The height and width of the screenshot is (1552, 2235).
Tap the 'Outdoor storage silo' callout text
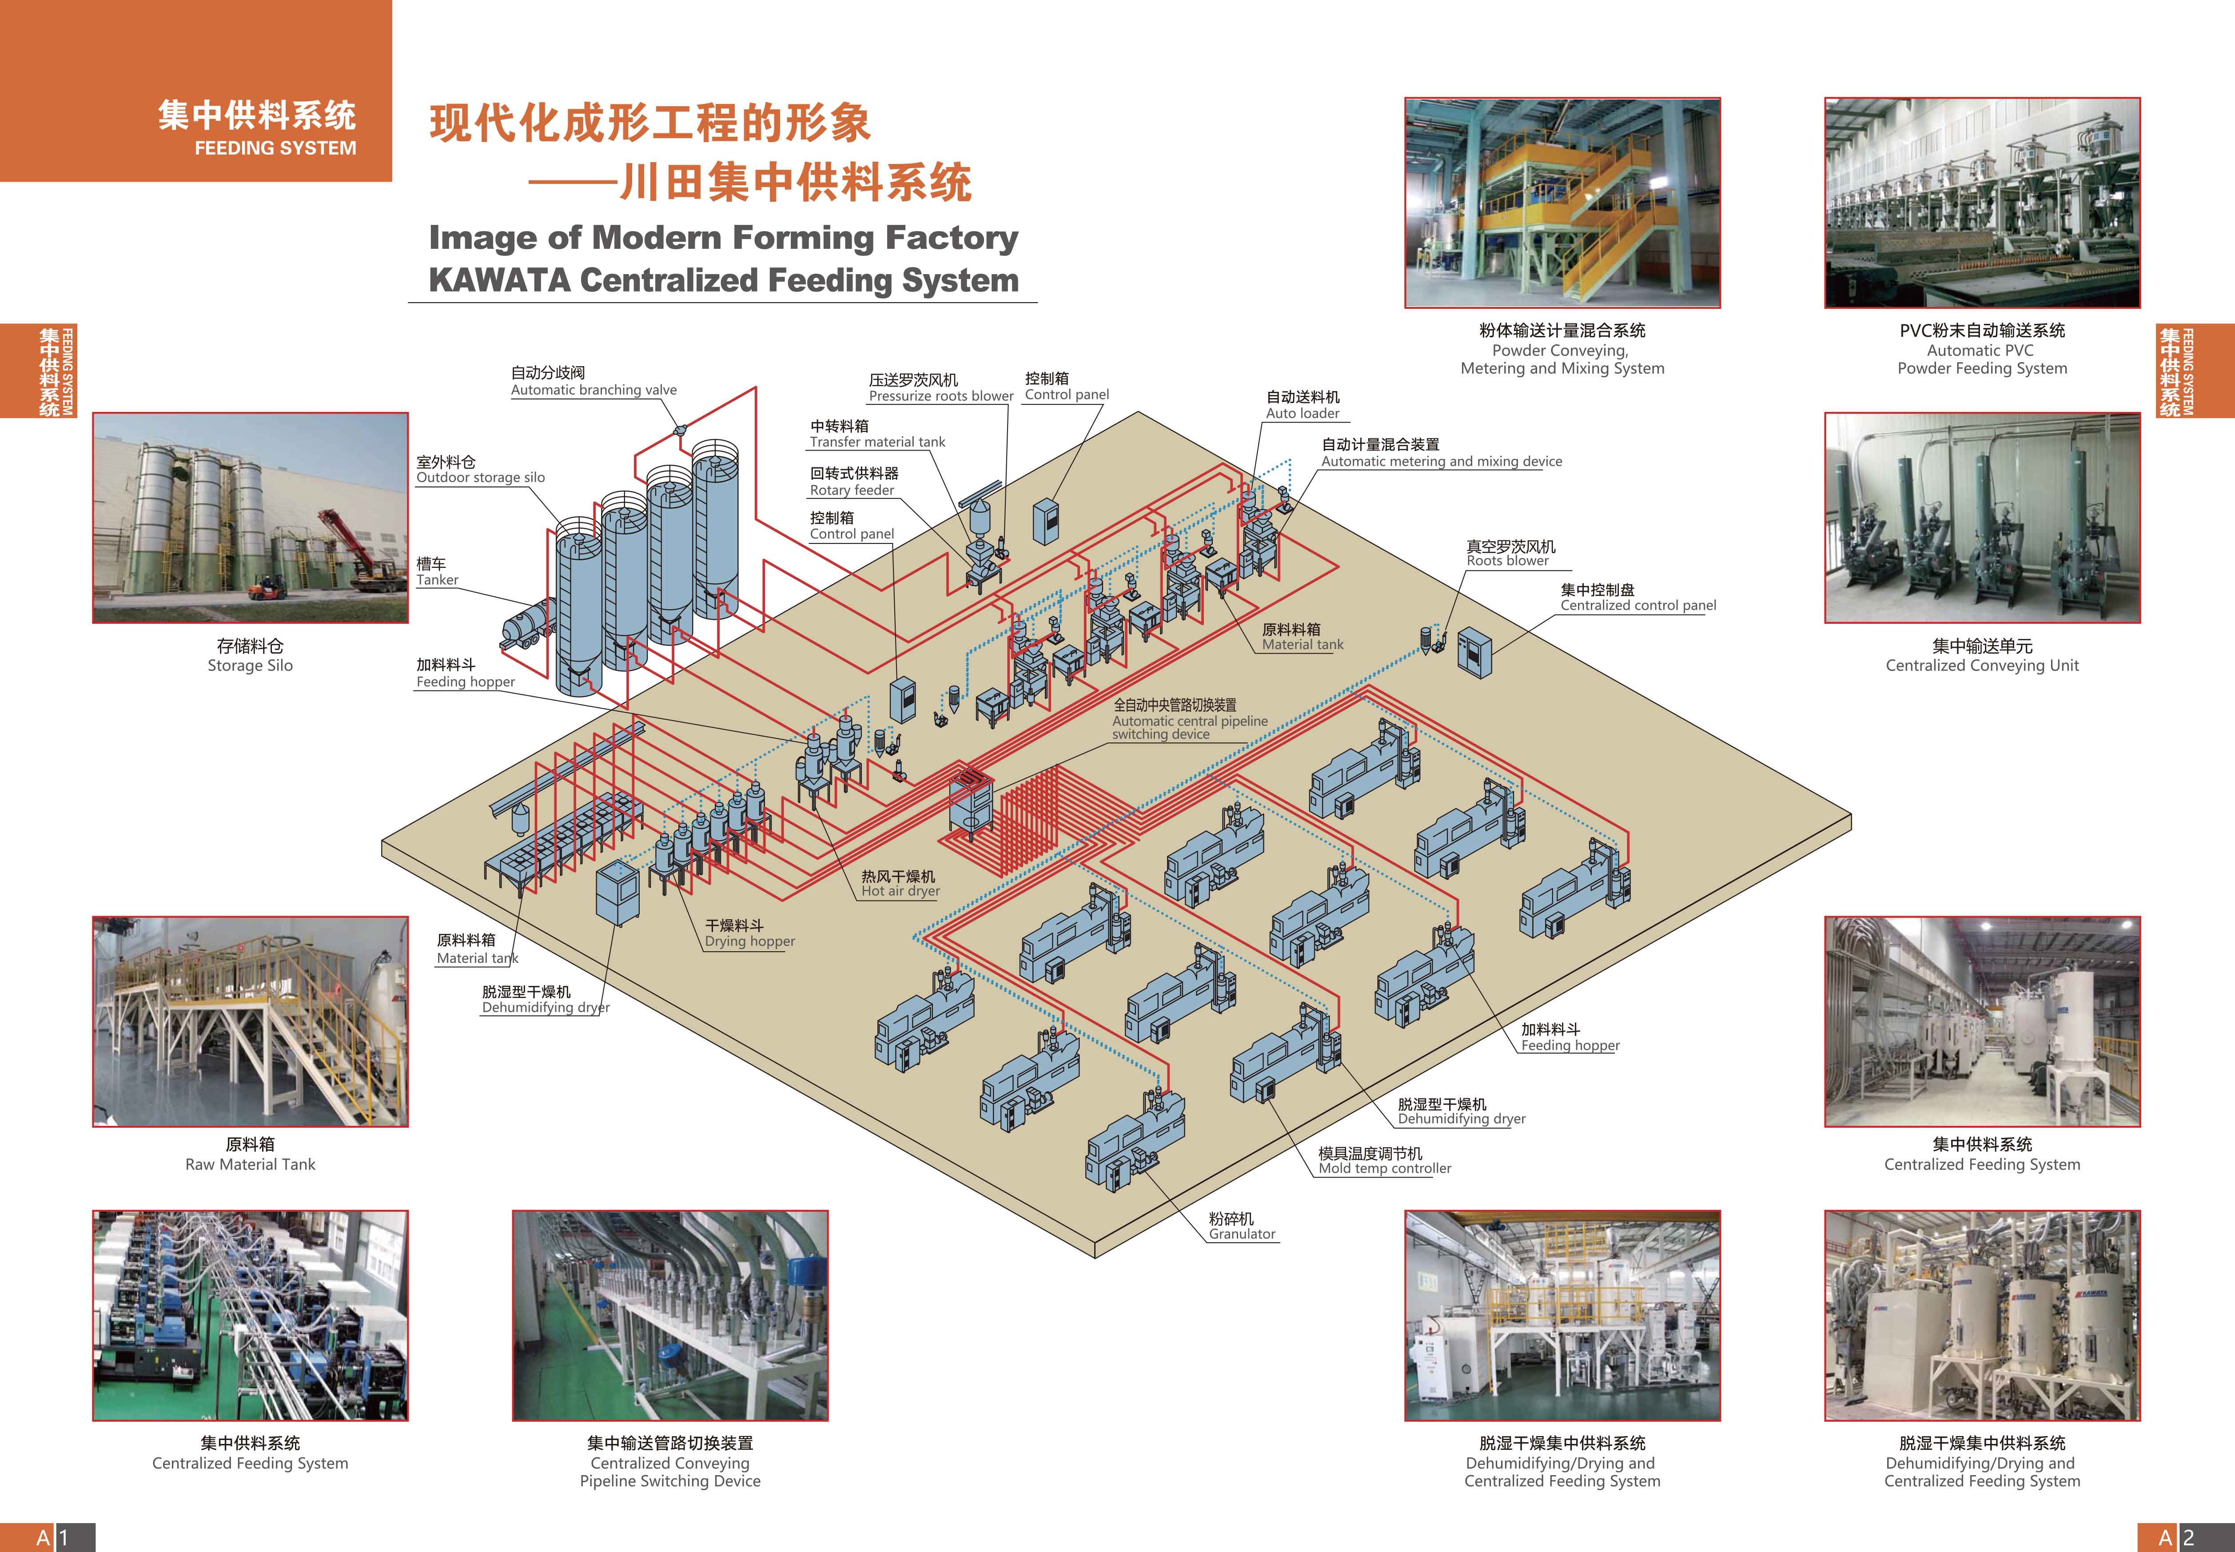[480, 478]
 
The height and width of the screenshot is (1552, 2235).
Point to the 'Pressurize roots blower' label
[940, 396]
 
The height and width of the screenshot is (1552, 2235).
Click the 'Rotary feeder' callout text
[852, 490]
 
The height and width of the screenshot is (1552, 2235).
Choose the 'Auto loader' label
[1302, 413]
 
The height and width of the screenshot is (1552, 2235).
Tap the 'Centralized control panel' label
[1638, 605]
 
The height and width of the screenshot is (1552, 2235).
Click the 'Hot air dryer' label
[900, 891]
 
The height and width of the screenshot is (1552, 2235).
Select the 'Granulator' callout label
[1242, 1234]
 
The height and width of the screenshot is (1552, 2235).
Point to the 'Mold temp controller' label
[1384, 1168]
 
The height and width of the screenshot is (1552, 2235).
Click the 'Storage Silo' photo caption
[250, 665]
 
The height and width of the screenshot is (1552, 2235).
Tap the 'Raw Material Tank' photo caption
[250, 1164]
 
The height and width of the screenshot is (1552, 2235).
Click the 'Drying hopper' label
[749, 942]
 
